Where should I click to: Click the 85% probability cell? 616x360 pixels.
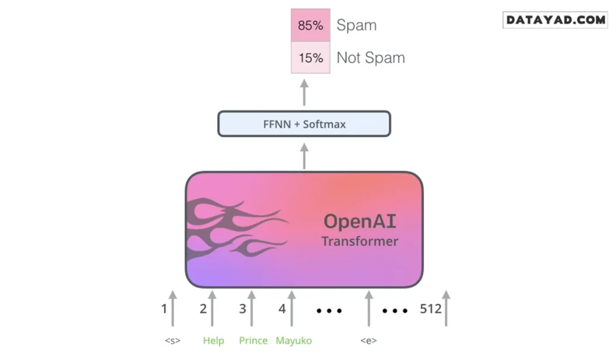[310, 25]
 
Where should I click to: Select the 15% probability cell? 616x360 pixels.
[310, 58]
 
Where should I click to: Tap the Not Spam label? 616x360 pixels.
[371, 58]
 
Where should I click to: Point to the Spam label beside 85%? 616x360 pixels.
[357, 25]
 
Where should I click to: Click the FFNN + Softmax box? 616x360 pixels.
[304, 124]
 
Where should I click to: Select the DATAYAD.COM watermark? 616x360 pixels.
[555, 20]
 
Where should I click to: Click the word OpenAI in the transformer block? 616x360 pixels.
[360, 222]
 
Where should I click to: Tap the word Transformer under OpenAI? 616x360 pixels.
[360, 241]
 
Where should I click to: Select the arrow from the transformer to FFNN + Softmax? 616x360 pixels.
[304, 156]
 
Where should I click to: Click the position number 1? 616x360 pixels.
[164, 309]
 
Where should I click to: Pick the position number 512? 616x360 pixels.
[431, 309]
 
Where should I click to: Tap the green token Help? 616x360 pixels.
[214, 341]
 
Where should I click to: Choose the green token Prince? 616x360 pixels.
[253, 341]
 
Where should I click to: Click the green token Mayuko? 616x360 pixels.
[294, 341]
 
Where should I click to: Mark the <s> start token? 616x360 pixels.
[173, 341]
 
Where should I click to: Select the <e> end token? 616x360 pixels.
[369, 341]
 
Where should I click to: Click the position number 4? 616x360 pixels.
[282, 309]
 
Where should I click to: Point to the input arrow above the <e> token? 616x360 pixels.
[369, 308]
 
